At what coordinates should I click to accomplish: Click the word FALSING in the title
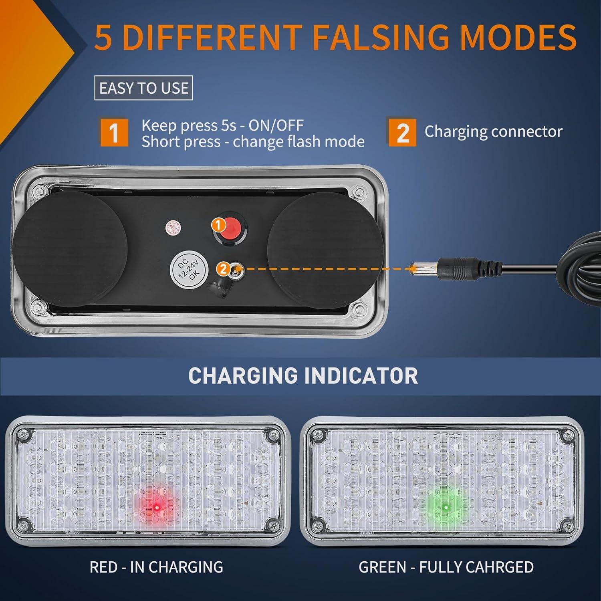(381, 37)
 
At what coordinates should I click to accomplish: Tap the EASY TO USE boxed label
(143, 88)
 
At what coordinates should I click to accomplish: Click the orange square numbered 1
(114, 132)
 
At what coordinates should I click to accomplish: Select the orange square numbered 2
(402, 132)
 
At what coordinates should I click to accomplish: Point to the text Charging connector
(493, 132)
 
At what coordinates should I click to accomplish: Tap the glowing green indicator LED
(445, 508)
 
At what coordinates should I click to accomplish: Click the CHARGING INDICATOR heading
(303, 376)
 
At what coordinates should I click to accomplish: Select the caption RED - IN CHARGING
(156, 567)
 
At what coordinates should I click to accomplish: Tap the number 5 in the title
(103, 37)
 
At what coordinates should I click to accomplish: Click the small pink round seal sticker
(171, 227)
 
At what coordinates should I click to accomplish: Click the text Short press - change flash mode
(253, 142)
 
